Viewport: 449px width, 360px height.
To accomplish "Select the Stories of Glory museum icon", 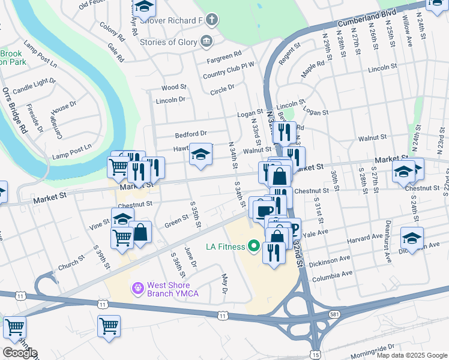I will (207, 41).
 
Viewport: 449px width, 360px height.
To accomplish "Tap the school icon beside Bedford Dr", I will (200, 155).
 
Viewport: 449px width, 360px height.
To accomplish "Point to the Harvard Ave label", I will (364, 238).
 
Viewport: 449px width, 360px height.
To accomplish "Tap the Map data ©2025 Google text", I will (411, 355).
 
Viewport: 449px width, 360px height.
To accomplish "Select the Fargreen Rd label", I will (223, 54).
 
